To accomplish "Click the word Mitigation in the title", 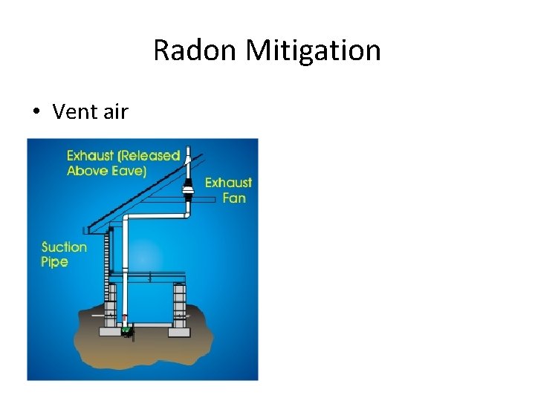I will tap(314, 50).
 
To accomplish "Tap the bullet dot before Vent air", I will tap(36, 112).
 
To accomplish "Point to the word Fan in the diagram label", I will tap(235, 198).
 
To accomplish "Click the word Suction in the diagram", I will tap(64, 247).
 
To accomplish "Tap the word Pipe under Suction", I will tap(54, 262).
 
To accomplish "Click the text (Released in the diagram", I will tap(144, 156).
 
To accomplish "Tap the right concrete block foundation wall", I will tap(178, 306).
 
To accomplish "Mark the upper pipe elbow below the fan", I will tap(186, 214).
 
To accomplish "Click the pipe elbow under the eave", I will tap(127, 218).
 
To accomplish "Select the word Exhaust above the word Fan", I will tap(228, 183).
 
